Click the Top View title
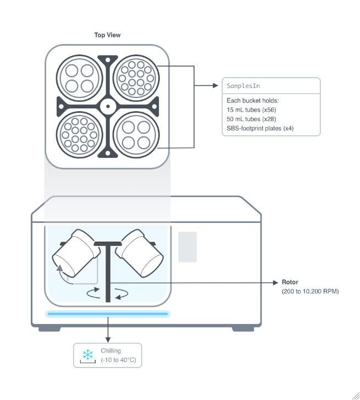tap(107, 35)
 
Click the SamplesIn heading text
tap(243, 86)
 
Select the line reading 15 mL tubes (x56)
tap(251, 110)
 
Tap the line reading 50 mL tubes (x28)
tap(251, 119)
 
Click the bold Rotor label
tap(290, 282)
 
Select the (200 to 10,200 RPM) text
tap(310, 291)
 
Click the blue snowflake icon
tap(87, 354)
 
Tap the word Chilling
tap(110, 350)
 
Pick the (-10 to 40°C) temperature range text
tap(118, 360)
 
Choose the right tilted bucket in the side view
tap(141, 253)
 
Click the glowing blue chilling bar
tap(108, 314)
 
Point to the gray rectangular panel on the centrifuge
tap(187, 246)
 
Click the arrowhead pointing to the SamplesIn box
tap(215, 86)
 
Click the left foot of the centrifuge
tap(50, 328)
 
